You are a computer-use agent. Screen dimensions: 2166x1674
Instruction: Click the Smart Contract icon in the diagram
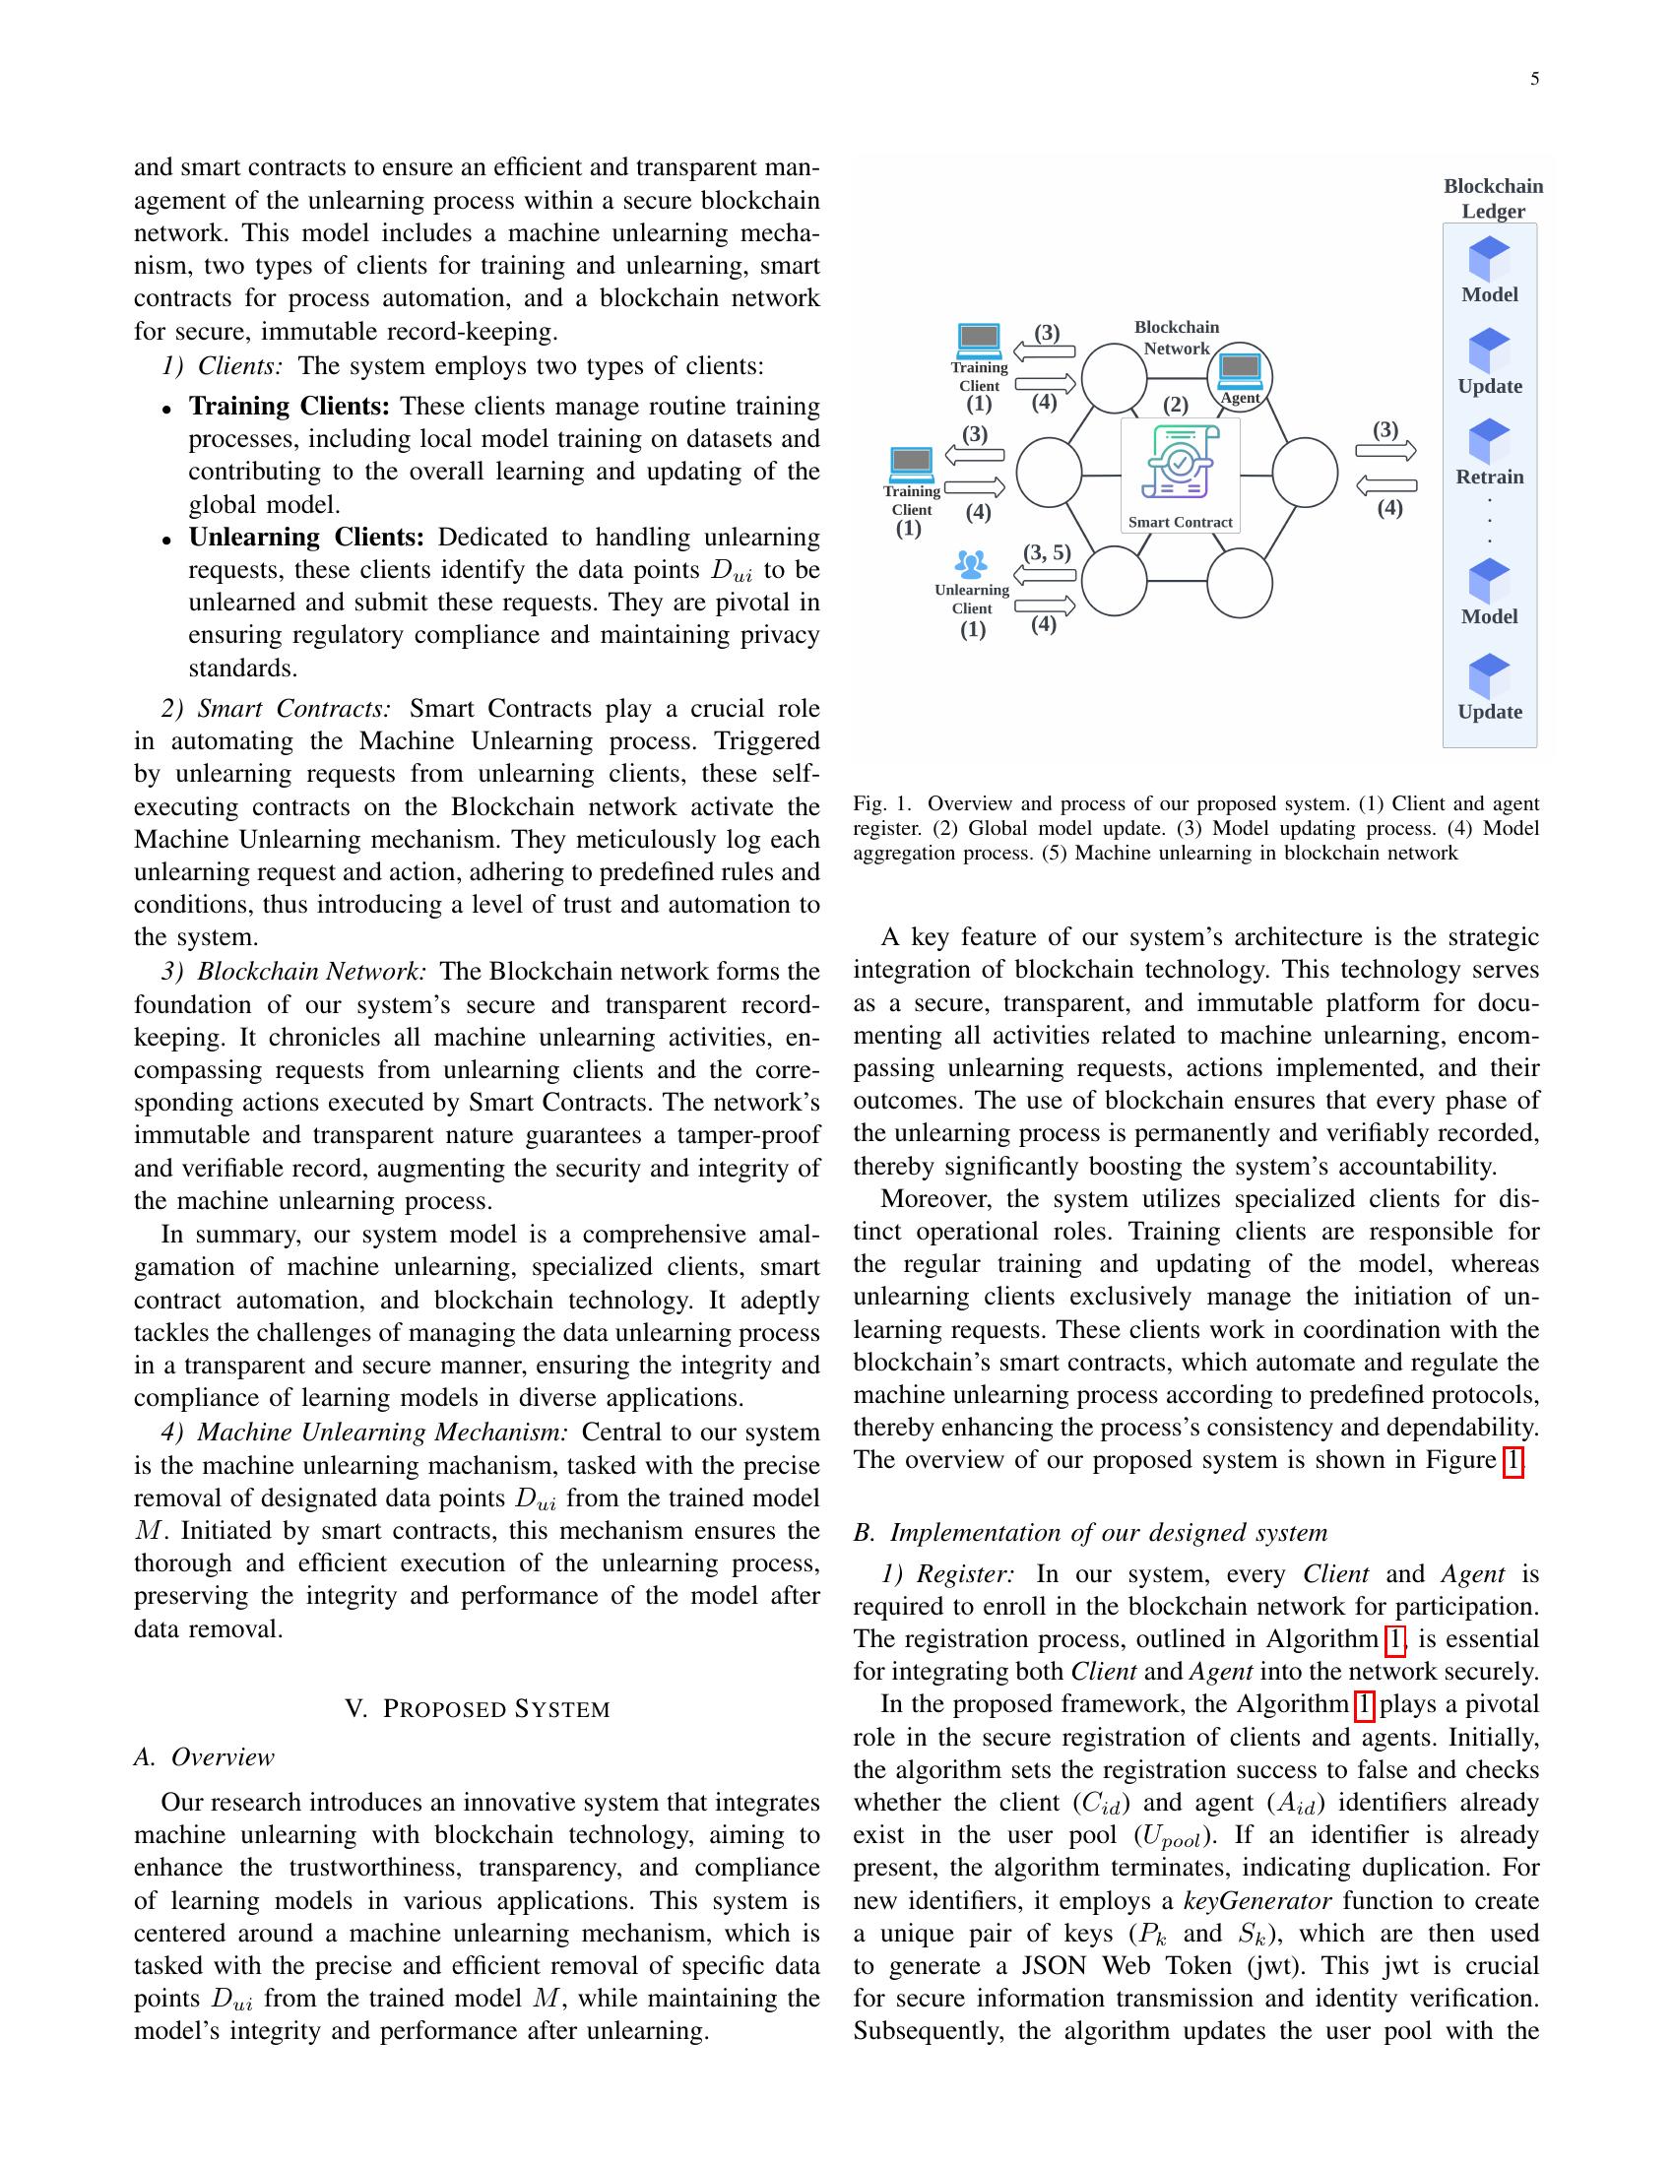tap(1179, 462)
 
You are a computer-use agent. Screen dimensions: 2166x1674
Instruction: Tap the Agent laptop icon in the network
tap(1239, 370)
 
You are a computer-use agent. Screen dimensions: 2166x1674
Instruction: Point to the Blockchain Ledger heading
tap(1493, 198)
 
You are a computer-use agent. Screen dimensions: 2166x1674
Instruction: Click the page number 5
tap(1534, 80)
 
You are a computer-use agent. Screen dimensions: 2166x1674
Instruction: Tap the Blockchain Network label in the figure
tap(1176, 337)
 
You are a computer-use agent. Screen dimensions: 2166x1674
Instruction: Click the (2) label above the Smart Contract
tap(1175, 405)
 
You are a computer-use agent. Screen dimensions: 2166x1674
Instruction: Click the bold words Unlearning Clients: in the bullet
tap(305, 538)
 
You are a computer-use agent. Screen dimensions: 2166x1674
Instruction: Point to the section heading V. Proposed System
tap(477, 1709)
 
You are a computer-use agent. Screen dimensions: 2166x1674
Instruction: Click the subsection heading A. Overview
tap(204, 1757)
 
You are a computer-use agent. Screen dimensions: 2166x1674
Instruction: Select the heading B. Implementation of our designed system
tap(1090, 1532)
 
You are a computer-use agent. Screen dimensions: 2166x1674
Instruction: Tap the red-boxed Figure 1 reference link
tap(1512, 1461)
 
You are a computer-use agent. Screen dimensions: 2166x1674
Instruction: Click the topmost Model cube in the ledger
tap(1489, 260)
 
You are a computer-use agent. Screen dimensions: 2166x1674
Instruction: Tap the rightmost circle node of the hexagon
tap(1304, 472)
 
